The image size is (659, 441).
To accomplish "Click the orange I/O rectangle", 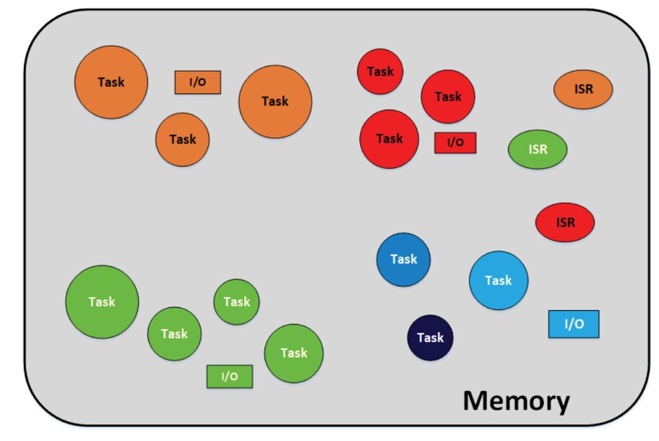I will [x=197, y=82].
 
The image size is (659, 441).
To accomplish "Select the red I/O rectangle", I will [x=455, y=142].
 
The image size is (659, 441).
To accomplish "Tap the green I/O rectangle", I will [x=230, y=376].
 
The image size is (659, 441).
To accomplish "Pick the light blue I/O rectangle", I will [x=574, y=324].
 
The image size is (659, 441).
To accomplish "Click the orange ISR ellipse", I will [x=583, y=89].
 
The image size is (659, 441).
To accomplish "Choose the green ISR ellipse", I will [x=538, y=150].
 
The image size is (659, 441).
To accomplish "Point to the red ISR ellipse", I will [x=565, y=222].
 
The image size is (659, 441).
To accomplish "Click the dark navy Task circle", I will [x=430, y=338].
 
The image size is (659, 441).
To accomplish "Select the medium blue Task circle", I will [x=403, y=259].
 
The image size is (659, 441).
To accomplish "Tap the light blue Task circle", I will [x=499, y=281].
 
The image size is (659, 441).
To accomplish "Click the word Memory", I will [x=516, y=400].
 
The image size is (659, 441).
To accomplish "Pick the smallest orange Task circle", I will [x=182, y=139].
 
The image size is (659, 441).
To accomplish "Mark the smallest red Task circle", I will [x=380, y=72].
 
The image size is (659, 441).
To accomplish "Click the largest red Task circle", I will [x=389, y=139].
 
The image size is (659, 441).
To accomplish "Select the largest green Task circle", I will [x=102, y=301].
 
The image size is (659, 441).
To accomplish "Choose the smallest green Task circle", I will [x=236, y=301].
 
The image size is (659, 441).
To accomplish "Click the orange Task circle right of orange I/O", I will [x=275, y=101].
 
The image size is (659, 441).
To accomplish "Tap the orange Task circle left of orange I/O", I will [x=111, y=82].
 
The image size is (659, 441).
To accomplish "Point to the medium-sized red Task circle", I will [x=448, y=97].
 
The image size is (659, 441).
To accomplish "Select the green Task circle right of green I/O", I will [x=293, y=353].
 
